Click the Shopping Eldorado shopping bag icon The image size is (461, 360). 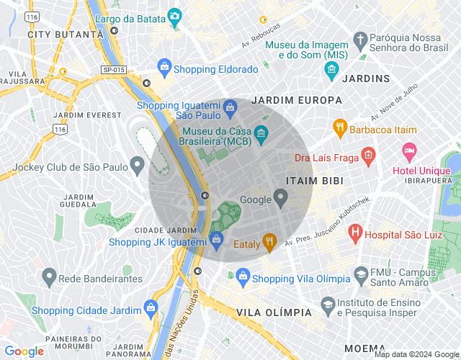(164, 68)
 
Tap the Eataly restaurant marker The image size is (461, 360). (270, 242)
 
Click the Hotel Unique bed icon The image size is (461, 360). (409, 152)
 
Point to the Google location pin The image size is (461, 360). (281, 197)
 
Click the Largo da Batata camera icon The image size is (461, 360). (174, 15)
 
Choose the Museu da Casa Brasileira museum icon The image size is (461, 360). (261, 132)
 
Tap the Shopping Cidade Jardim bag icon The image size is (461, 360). (151, 308)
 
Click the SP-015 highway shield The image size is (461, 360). (113, 69)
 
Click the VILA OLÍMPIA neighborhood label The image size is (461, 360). (274, 312)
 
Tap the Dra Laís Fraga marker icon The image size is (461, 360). (368, 154)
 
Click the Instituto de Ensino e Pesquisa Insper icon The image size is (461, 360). (328, 305)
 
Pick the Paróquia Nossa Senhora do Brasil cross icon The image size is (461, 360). (360, 38)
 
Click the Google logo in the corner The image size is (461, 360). (24, 351)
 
